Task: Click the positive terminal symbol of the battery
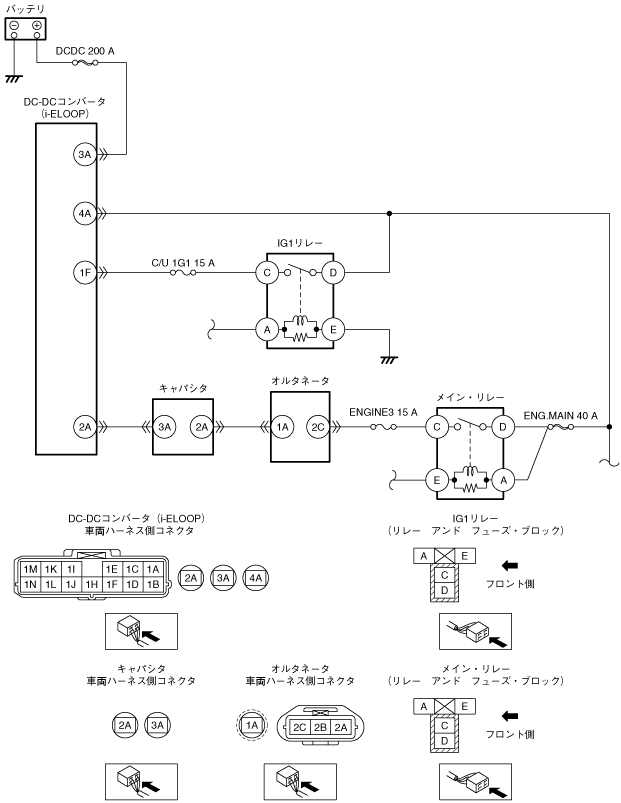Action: click(x=36, y=25)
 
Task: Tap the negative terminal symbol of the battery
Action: click(x=14, y=25)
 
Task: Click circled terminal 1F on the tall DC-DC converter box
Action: click(x=85, y=271)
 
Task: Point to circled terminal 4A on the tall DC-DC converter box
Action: click(x=85, y=212)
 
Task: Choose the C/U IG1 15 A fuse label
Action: click(x=183, y=261)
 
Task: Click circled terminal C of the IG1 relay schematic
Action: click(x=267, y=271)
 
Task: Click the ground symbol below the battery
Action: click(x=14, y=77)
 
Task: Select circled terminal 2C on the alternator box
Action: click(x=316, y=427)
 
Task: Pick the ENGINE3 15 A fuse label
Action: click(x=384, y=411)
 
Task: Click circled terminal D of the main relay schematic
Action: click(x=503, y=427)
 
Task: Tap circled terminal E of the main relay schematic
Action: click(x=437, y=481)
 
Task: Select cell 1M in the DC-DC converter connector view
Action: click(x=30, y=568)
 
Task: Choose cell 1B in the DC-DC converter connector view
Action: click(x=153, y=582)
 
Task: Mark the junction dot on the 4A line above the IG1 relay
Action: click(x=389, y=212)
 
